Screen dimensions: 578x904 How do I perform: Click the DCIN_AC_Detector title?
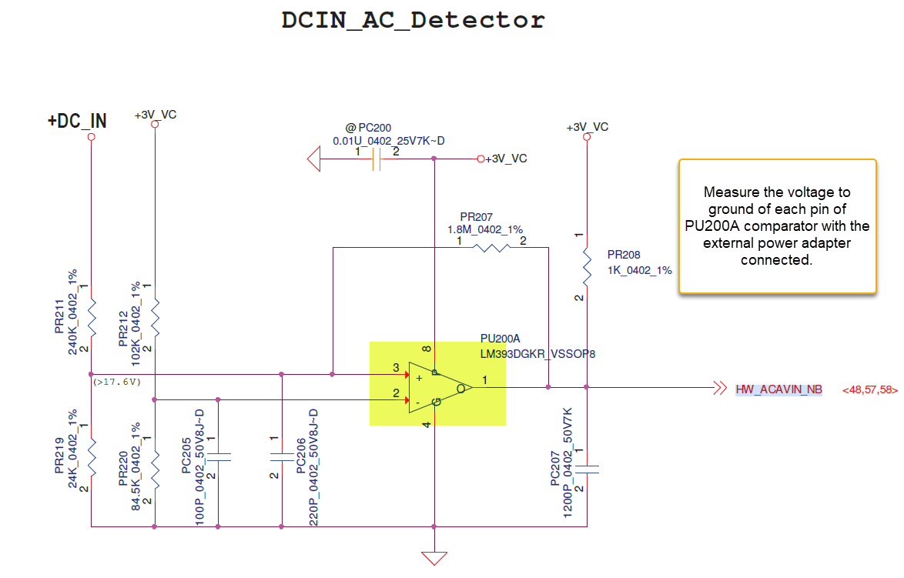413,20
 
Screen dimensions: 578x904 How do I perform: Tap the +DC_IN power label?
77,121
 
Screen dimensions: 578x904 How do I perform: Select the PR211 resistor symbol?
91,317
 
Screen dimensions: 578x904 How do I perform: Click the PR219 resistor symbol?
91,457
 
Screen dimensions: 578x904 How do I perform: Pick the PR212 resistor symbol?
155,317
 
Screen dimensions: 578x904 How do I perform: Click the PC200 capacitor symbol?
377,159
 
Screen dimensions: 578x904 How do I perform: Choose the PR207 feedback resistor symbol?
490,248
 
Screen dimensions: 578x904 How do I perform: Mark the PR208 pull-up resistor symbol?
587,265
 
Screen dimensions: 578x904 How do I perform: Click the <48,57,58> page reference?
870,390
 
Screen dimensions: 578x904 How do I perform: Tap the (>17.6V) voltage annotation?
117,382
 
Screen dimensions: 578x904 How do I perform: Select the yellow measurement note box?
777,226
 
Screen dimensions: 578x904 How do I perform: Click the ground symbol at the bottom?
435,557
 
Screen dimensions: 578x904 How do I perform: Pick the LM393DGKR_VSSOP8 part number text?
538,353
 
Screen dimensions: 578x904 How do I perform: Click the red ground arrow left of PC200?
313,159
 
